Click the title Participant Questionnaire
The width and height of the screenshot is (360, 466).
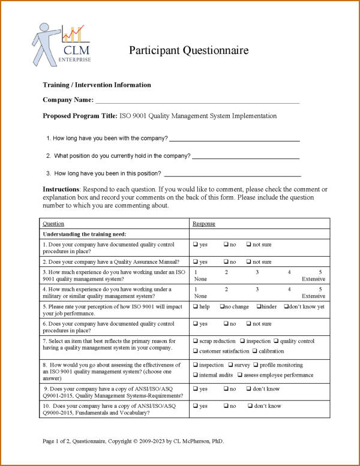[x=188, y=50]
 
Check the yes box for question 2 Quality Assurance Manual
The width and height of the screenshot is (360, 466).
[x=196, y=262]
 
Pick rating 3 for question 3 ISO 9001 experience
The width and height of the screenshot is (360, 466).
[x=257, y=272]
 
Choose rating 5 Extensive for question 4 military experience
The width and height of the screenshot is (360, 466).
[x=320, y=289]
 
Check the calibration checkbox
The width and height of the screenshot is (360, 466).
[x=255, y=351]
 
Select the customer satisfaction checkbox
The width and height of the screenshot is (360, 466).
[x=196, y=351]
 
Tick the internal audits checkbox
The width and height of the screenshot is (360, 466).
[x=196, y=375]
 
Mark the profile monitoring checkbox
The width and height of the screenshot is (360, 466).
[x=256, y=365]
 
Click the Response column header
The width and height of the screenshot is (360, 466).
[x=204, y=224]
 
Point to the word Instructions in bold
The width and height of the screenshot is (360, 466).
[x=61, y=190]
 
